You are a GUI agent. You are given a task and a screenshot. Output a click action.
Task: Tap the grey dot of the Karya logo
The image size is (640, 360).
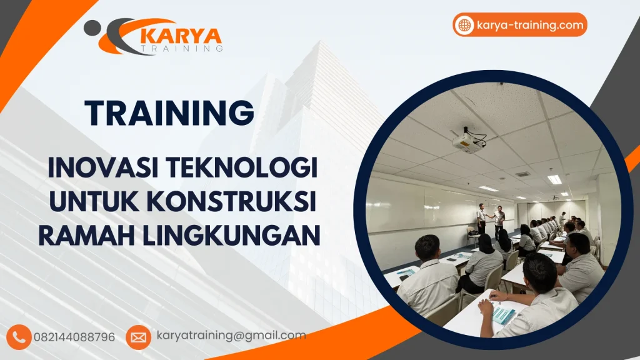92,27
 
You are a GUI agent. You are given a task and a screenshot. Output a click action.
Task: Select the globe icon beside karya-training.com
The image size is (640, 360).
464,26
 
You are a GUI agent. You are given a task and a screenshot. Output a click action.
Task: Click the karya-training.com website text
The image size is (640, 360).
529,26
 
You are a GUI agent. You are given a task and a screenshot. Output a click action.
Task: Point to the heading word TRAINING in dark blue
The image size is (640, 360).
169,113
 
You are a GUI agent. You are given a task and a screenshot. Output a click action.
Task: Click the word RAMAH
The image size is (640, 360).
82,236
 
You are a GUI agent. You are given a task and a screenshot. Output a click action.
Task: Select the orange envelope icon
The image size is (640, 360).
138,337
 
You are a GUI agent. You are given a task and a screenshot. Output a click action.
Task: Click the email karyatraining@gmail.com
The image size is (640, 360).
231,336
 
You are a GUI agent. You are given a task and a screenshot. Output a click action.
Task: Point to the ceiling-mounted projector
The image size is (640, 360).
469,140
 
